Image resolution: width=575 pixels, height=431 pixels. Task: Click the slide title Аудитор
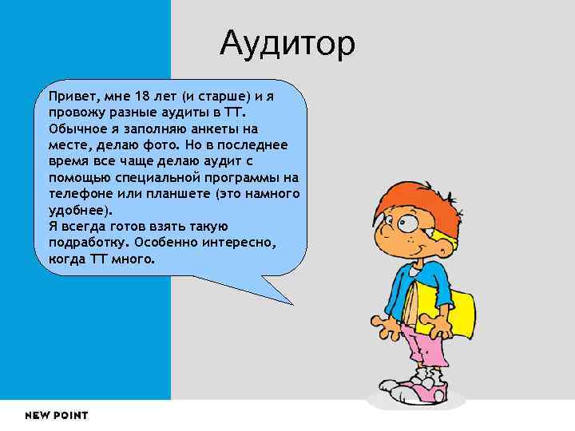pos(287,44)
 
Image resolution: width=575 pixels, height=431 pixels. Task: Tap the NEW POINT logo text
pos(56,415)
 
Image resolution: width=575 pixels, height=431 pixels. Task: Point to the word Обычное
pos(77,128)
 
